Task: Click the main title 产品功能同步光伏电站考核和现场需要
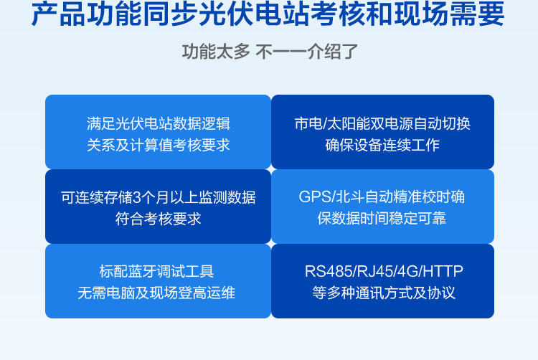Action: point(268,14)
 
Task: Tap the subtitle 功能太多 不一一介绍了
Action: point(270,52)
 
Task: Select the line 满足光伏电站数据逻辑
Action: point(159,124)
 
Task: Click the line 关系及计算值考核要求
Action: point(159,145)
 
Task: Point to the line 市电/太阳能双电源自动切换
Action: point(382,124)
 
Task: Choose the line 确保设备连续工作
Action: point(382,145)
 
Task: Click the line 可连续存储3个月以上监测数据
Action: point(159,197)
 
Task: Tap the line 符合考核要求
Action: point(159,219)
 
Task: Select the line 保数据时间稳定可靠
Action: point(382,219)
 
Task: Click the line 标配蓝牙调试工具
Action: point(157,272)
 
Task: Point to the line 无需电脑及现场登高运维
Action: point(156,293)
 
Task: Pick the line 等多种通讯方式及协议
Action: point(384,293)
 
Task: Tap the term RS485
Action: point(329,272)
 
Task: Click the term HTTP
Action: point(443,272)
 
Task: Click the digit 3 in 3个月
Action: point(136,198)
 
